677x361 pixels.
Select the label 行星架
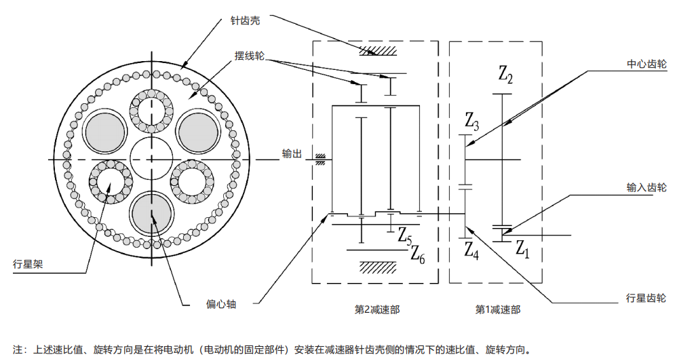28,264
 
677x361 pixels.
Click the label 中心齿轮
646,65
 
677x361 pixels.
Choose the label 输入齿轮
646,187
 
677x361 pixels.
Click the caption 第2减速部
377,309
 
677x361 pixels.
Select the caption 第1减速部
498,309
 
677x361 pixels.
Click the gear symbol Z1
521,248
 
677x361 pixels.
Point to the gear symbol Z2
505,74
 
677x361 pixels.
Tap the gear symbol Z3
472,122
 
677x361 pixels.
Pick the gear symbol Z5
405,237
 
